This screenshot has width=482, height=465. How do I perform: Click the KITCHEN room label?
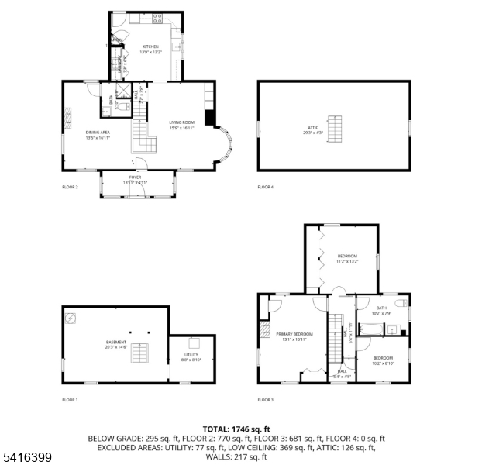150,46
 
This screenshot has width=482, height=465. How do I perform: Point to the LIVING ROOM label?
181,122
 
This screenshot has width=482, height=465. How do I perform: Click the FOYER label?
136,177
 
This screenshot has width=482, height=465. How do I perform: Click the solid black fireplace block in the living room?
209,117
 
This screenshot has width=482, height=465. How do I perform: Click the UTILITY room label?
190,355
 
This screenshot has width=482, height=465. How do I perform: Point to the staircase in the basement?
139,354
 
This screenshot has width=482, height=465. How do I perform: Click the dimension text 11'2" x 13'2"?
347,261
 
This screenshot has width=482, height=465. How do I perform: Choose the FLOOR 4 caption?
266,187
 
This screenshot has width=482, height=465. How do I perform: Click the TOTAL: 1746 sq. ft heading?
236,429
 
